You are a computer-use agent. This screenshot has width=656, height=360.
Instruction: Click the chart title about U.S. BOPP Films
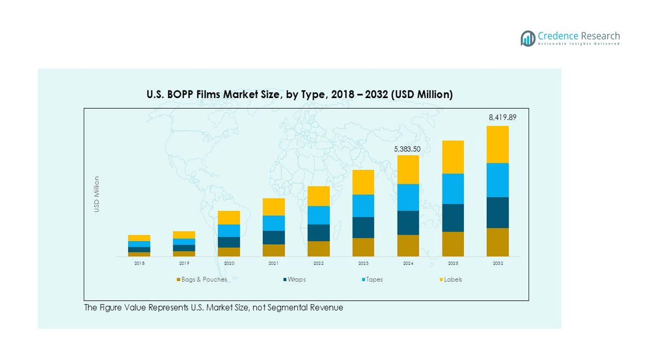click(x=300, y=95)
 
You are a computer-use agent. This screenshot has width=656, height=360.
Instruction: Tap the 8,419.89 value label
click(x=502, y=117)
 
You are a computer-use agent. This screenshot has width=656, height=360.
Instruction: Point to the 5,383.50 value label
click(x=408, y=148)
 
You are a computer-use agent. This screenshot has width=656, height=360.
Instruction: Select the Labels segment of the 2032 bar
click(x=497, y=145)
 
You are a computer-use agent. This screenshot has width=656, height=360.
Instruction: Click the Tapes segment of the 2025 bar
click(x=453, y=188)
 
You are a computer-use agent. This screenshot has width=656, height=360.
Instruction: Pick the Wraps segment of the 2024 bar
click(x=408, y=222)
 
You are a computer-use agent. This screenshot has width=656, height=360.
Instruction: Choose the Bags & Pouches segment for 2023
click(x=363, y=247)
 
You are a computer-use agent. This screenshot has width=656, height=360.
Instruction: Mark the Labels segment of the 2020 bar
click(x=229, y=218)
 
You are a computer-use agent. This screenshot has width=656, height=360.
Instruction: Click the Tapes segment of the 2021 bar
click(x=274, y=223)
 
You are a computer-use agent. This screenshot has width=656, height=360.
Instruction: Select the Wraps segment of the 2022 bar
click(x=319, y=232)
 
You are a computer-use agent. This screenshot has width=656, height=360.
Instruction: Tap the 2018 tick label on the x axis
click(x=140, y=264)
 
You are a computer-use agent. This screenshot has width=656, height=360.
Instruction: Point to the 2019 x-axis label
click(x=184, y=264)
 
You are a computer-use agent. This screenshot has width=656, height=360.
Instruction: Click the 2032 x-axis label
click(x=497, y=264)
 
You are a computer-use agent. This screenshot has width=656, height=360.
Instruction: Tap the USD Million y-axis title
click(x=97, y=194)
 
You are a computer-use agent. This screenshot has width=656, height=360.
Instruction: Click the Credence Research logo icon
click(x=528, y=38)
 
